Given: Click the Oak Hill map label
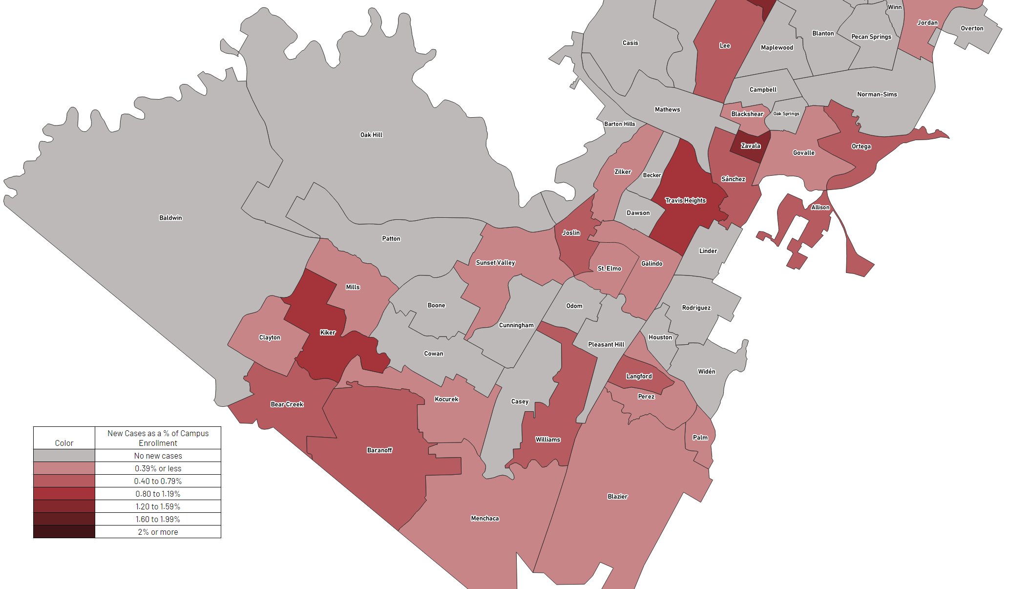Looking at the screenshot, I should click(x=371, y=135).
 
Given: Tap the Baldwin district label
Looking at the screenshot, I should click(x=170, y=218).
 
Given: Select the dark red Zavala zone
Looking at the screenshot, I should click(x=750, y=146).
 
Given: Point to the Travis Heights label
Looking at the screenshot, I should click(x=685, y=200).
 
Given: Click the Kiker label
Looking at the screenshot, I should click(x=328, y=333).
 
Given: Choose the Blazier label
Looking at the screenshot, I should click(x=617, y=497).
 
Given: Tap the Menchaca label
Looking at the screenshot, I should click(x=484, y=518).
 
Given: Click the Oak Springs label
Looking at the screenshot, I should click(x=786, y=114).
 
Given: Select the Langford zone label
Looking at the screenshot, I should click(x=639, y=376).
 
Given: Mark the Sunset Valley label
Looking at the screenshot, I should click(x=495, y=263).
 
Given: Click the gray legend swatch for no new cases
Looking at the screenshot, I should click(x=64, y=456).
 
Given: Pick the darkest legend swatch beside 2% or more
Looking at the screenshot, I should click(x=64, y=532).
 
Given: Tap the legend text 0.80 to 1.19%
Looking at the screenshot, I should click(x=158, y=494).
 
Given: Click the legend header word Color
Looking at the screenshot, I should click(x=64, y=443).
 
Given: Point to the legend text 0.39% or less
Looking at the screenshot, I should click(x=158, y=468).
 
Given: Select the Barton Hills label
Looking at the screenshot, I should click(x=619, y=124).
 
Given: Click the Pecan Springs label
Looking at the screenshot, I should click(x=871, y=37).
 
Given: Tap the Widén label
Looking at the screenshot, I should click(x=706, y=372).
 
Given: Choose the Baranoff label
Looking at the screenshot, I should click(x=379, y=450).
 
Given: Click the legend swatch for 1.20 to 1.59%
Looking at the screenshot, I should click(x=64, y=506).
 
